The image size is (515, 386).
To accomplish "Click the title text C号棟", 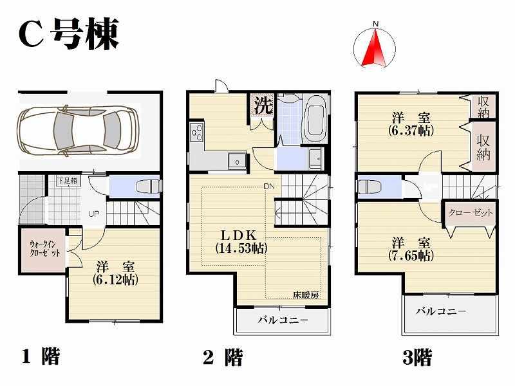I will point(68,34).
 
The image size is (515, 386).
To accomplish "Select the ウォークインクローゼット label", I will point(44,248).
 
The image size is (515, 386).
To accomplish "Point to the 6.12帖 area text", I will point(116,280).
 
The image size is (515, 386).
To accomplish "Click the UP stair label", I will point(93,214).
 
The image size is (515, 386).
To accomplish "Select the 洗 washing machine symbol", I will point(262,106).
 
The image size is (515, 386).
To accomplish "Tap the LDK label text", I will point(241,234).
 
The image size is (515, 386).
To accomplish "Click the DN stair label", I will point(268,187).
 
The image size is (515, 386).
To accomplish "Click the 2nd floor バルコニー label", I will point(283,320).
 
